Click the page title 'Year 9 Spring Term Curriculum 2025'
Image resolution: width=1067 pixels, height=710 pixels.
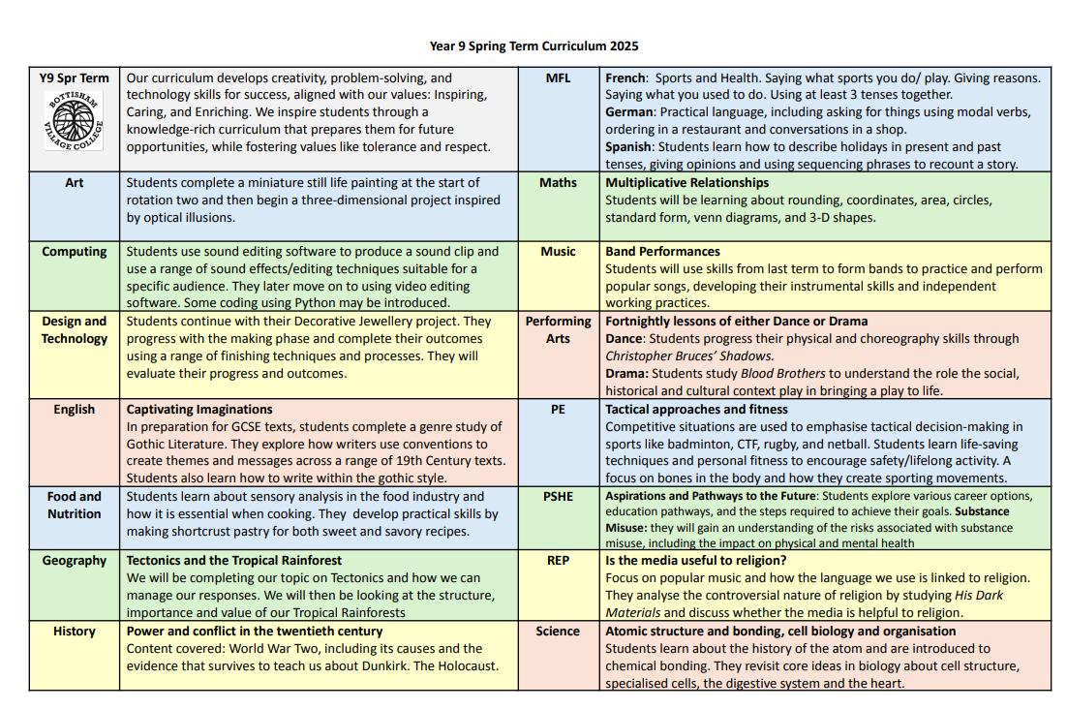pos(533,46)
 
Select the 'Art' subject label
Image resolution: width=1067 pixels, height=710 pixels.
pos(75,183)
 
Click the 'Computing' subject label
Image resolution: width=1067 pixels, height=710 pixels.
pos(75,252)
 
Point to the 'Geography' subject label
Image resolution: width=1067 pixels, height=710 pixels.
pos(75,561)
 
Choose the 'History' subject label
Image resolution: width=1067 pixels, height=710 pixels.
pos(75,632)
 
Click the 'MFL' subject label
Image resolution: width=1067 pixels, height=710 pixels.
pos(558,78)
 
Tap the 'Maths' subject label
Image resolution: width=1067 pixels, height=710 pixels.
pos(558,183)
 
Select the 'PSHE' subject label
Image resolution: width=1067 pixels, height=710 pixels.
pos(558,496)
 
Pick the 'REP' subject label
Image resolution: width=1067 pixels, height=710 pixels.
pos(558,561)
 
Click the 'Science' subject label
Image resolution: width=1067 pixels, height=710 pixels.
pos(558,632)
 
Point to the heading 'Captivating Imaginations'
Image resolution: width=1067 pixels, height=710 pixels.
pos(199,410)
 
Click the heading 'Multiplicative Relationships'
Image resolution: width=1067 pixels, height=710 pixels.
pos(686,183)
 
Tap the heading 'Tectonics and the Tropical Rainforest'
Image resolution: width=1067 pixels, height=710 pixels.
pos(233,561)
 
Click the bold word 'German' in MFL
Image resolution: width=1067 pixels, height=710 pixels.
pos(630,112)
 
